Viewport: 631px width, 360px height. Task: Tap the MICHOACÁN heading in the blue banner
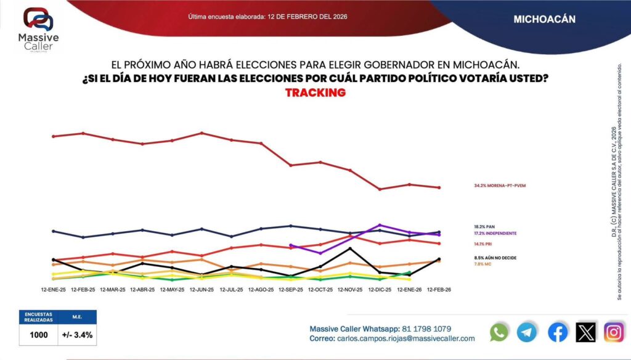coord(544,19)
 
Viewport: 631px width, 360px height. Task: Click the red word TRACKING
coord(315,92)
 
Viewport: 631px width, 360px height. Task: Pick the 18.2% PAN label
coord(484,227)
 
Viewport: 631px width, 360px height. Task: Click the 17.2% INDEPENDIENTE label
coord(495,234)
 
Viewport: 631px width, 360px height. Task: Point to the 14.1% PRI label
coord(483,244)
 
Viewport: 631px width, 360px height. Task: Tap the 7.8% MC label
coord(482,264)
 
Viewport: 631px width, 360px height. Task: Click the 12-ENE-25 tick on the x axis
coord(54,289)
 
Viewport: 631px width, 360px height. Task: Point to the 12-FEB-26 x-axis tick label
coord(438,289)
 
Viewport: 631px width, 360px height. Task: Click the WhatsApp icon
coord(499,332)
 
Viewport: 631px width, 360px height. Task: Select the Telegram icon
coord(527,332)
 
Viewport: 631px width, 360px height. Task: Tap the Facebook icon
coord(558,332)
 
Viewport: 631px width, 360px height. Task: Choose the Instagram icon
coord(614,332)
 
